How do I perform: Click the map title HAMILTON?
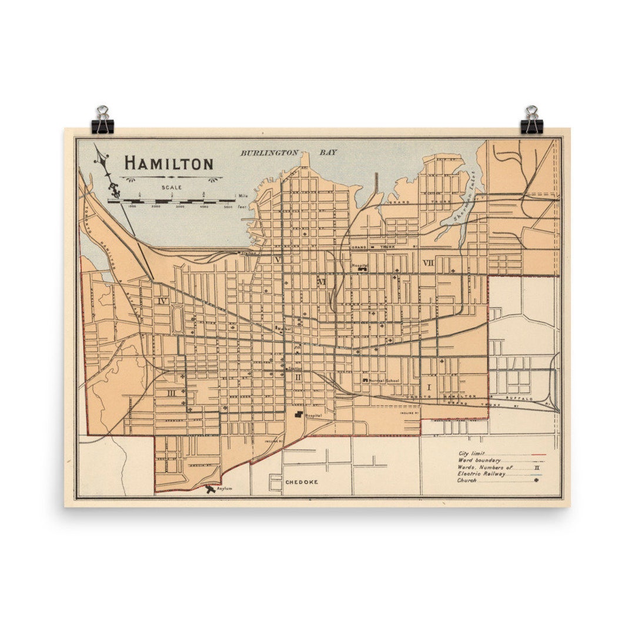[x=169, y=163]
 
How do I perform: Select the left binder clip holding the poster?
[x=103, y=120]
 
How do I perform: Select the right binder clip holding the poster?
[x=532, y=120]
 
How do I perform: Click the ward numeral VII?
[x=428, y=263]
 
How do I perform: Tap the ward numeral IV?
[x=163, y=301]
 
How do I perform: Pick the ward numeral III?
[x=171, y=393]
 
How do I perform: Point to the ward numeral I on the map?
[x=429, y=387]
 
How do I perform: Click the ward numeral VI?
[x=321, y=282]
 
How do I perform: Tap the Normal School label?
[x=384, y=380]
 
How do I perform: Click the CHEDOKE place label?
[x=302, y=482]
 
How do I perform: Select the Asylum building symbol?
[x=210, y=488]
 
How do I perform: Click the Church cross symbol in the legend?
[x=535, y=480]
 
